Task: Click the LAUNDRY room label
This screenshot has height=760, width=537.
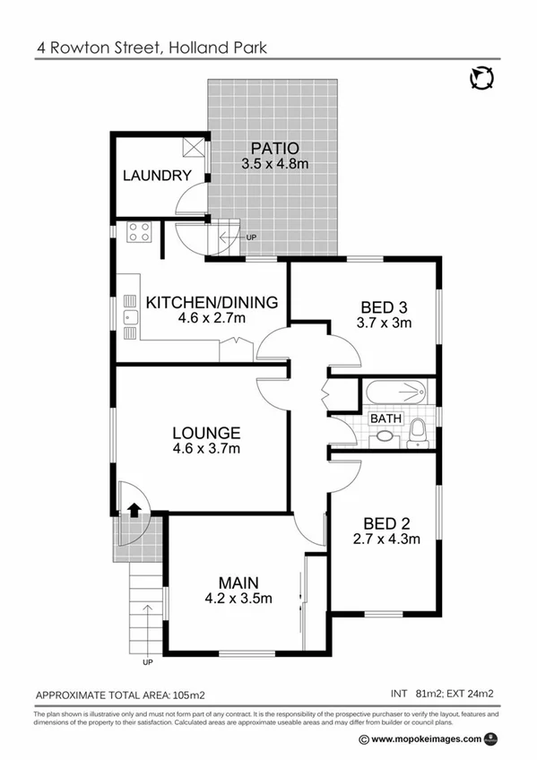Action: coord(157,176)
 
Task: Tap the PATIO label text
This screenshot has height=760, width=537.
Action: coord(274,148)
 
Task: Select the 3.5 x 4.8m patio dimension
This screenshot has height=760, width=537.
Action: coord(274,163)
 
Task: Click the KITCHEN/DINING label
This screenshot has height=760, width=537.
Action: coord(212,302)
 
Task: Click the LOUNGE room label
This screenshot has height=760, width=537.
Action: coord(207,431)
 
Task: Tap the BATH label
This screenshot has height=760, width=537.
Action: coord(385,419)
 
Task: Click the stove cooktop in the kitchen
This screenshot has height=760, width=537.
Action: coord(139,233)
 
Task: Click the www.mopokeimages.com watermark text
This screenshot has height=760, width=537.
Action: coord(426,739)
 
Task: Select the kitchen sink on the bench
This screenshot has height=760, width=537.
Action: coord(130,312)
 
